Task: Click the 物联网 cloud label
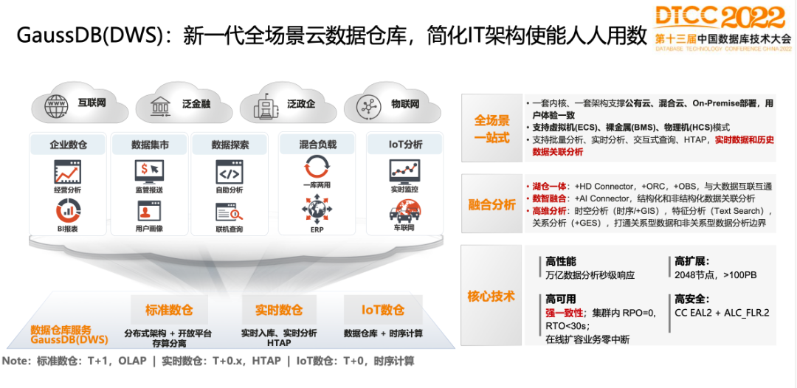(405, 104)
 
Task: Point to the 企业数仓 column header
(68, 145)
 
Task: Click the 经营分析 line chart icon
(68, 172)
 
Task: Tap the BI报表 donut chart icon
(68, 212)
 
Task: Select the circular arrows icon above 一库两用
(316, 167)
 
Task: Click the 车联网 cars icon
(404, 213)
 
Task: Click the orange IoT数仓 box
(383, 310)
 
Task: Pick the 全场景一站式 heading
(491, 129)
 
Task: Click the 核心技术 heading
(491, 297)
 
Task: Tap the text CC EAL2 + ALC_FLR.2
(722, 313)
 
